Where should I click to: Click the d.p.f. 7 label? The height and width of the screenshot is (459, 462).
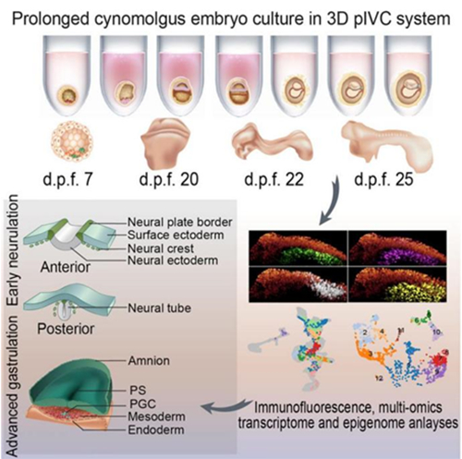(67, 179)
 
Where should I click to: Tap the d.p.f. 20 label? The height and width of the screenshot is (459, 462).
(169, 179)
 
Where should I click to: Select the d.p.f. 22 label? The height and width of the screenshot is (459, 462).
(274, 179)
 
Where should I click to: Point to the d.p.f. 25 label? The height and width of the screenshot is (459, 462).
(383, 179)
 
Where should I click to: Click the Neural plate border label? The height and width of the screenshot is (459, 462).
(180, 222)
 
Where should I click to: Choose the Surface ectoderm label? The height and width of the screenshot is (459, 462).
(176, 236)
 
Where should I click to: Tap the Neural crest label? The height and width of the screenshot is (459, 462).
(161, 248)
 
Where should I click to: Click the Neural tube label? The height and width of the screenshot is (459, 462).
(160, 308)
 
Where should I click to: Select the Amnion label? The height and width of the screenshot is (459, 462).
(149, 360)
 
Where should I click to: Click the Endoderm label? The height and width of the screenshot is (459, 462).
(156, 429)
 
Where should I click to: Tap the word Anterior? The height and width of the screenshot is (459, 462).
(66, 267)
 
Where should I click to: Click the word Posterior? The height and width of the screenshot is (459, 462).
(66, 329)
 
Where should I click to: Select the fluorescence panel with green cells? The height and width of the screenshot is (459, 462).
(298, 248)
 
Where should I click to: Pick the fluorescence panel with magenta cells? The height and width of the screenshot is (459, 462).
(397, 248)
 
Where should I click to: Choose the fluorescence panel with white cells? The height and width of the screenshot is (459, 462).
(298, 284)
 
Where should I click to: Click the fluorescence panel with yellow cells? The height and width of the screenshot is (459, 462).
(397, 284)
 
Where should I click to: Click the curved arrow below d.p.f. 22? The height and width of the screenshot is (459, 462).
(332, 201)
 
